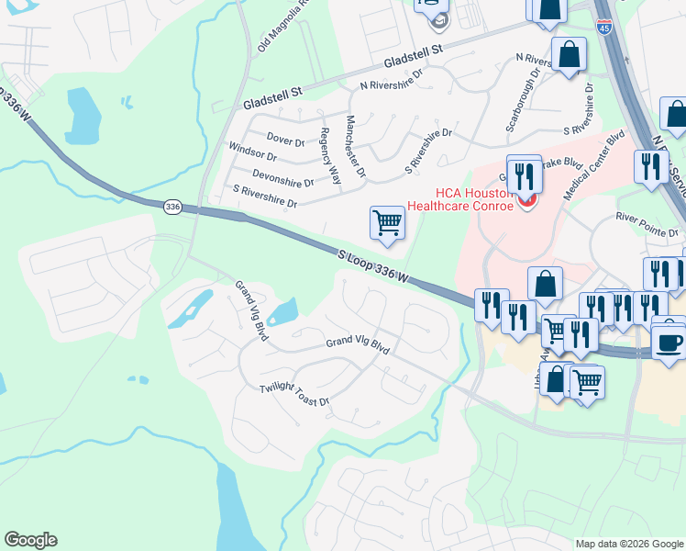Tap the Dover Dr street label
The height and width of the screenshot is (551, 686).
click(285, 141)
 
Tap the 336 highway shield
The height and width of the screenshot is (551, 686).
click(172, 208)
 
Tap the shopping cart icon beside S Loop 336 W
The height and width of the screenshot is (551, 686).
click(387, 222)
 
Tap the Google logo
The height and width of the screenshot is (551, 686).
click(30, 540)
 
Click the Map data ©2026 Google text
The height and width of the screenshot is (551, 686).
click(629, 544)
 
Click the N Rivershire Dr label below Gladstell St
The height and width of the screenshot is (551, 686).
click(392, 80)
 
